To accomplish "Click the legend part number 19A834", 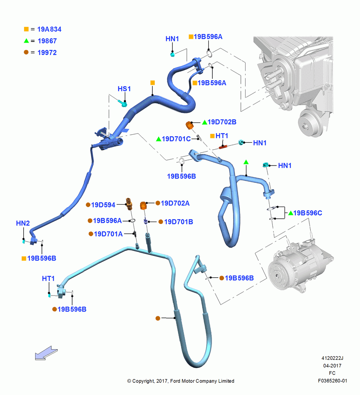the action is (49, 29).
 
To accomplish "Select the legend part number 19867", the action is (47, 41).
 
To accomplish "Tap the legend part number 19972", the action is (47, 53).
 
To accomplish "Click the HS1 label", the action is (124, 89).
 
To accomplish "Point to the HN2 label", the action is (22, 223).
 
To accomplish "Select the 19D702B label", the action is (222, 122).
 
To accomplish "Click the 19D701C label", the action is (176, 139).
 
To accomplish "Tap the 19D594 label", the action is (103, 205).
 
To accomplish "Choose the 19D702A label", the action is (175, 203).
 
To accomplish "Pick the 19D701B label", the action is (178, 222).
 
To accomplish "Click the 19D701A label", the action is (108, 234).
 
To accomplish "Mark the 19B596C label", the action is (307, 213).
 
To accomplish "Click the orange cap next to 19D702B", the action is (189, 125).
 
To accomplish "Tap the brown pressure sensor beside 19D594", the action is (129, 204).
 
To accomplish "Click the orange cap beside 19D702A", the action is (143, 205).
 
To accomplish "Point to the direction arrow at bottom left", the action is (46, 353).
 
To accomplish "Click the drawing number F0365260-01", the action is (332, 381).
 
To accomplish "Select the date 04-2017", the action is (332, 365).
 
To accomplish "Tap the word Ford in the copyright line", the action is (175, 381).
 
